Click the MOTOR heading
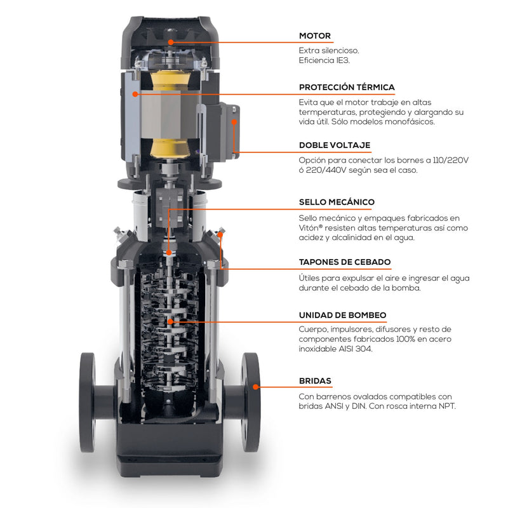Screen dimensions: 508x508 point(314,36)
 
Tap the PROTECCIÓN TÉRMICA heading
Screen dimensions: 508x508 point(347,87)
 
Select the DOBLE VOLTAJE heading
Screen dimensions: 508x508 point(335,145)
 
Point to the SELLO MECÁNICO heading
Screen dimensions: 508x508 point(337,202)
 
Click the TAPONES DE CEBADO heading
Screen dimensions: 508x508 point(345,262)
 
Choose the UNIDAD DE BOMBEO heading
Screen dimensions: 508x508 point(342,315)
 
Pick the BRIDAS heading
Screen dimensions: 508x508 point(315,380)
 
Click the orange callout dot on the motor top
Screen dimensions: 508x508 point(171,42)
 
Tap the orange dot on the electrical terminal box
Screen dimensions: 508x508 point(234,122)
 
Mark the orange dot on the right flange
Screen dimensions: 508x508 point(256,387)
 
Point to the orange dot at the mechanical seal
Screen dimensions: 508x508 point(169,252)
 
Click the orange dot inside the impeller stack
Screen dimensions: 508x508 point(170,321)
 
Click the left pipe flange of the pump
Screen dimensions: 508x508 point(88,402)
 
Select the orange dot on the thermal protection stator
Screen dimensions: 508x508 point(135,94)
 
